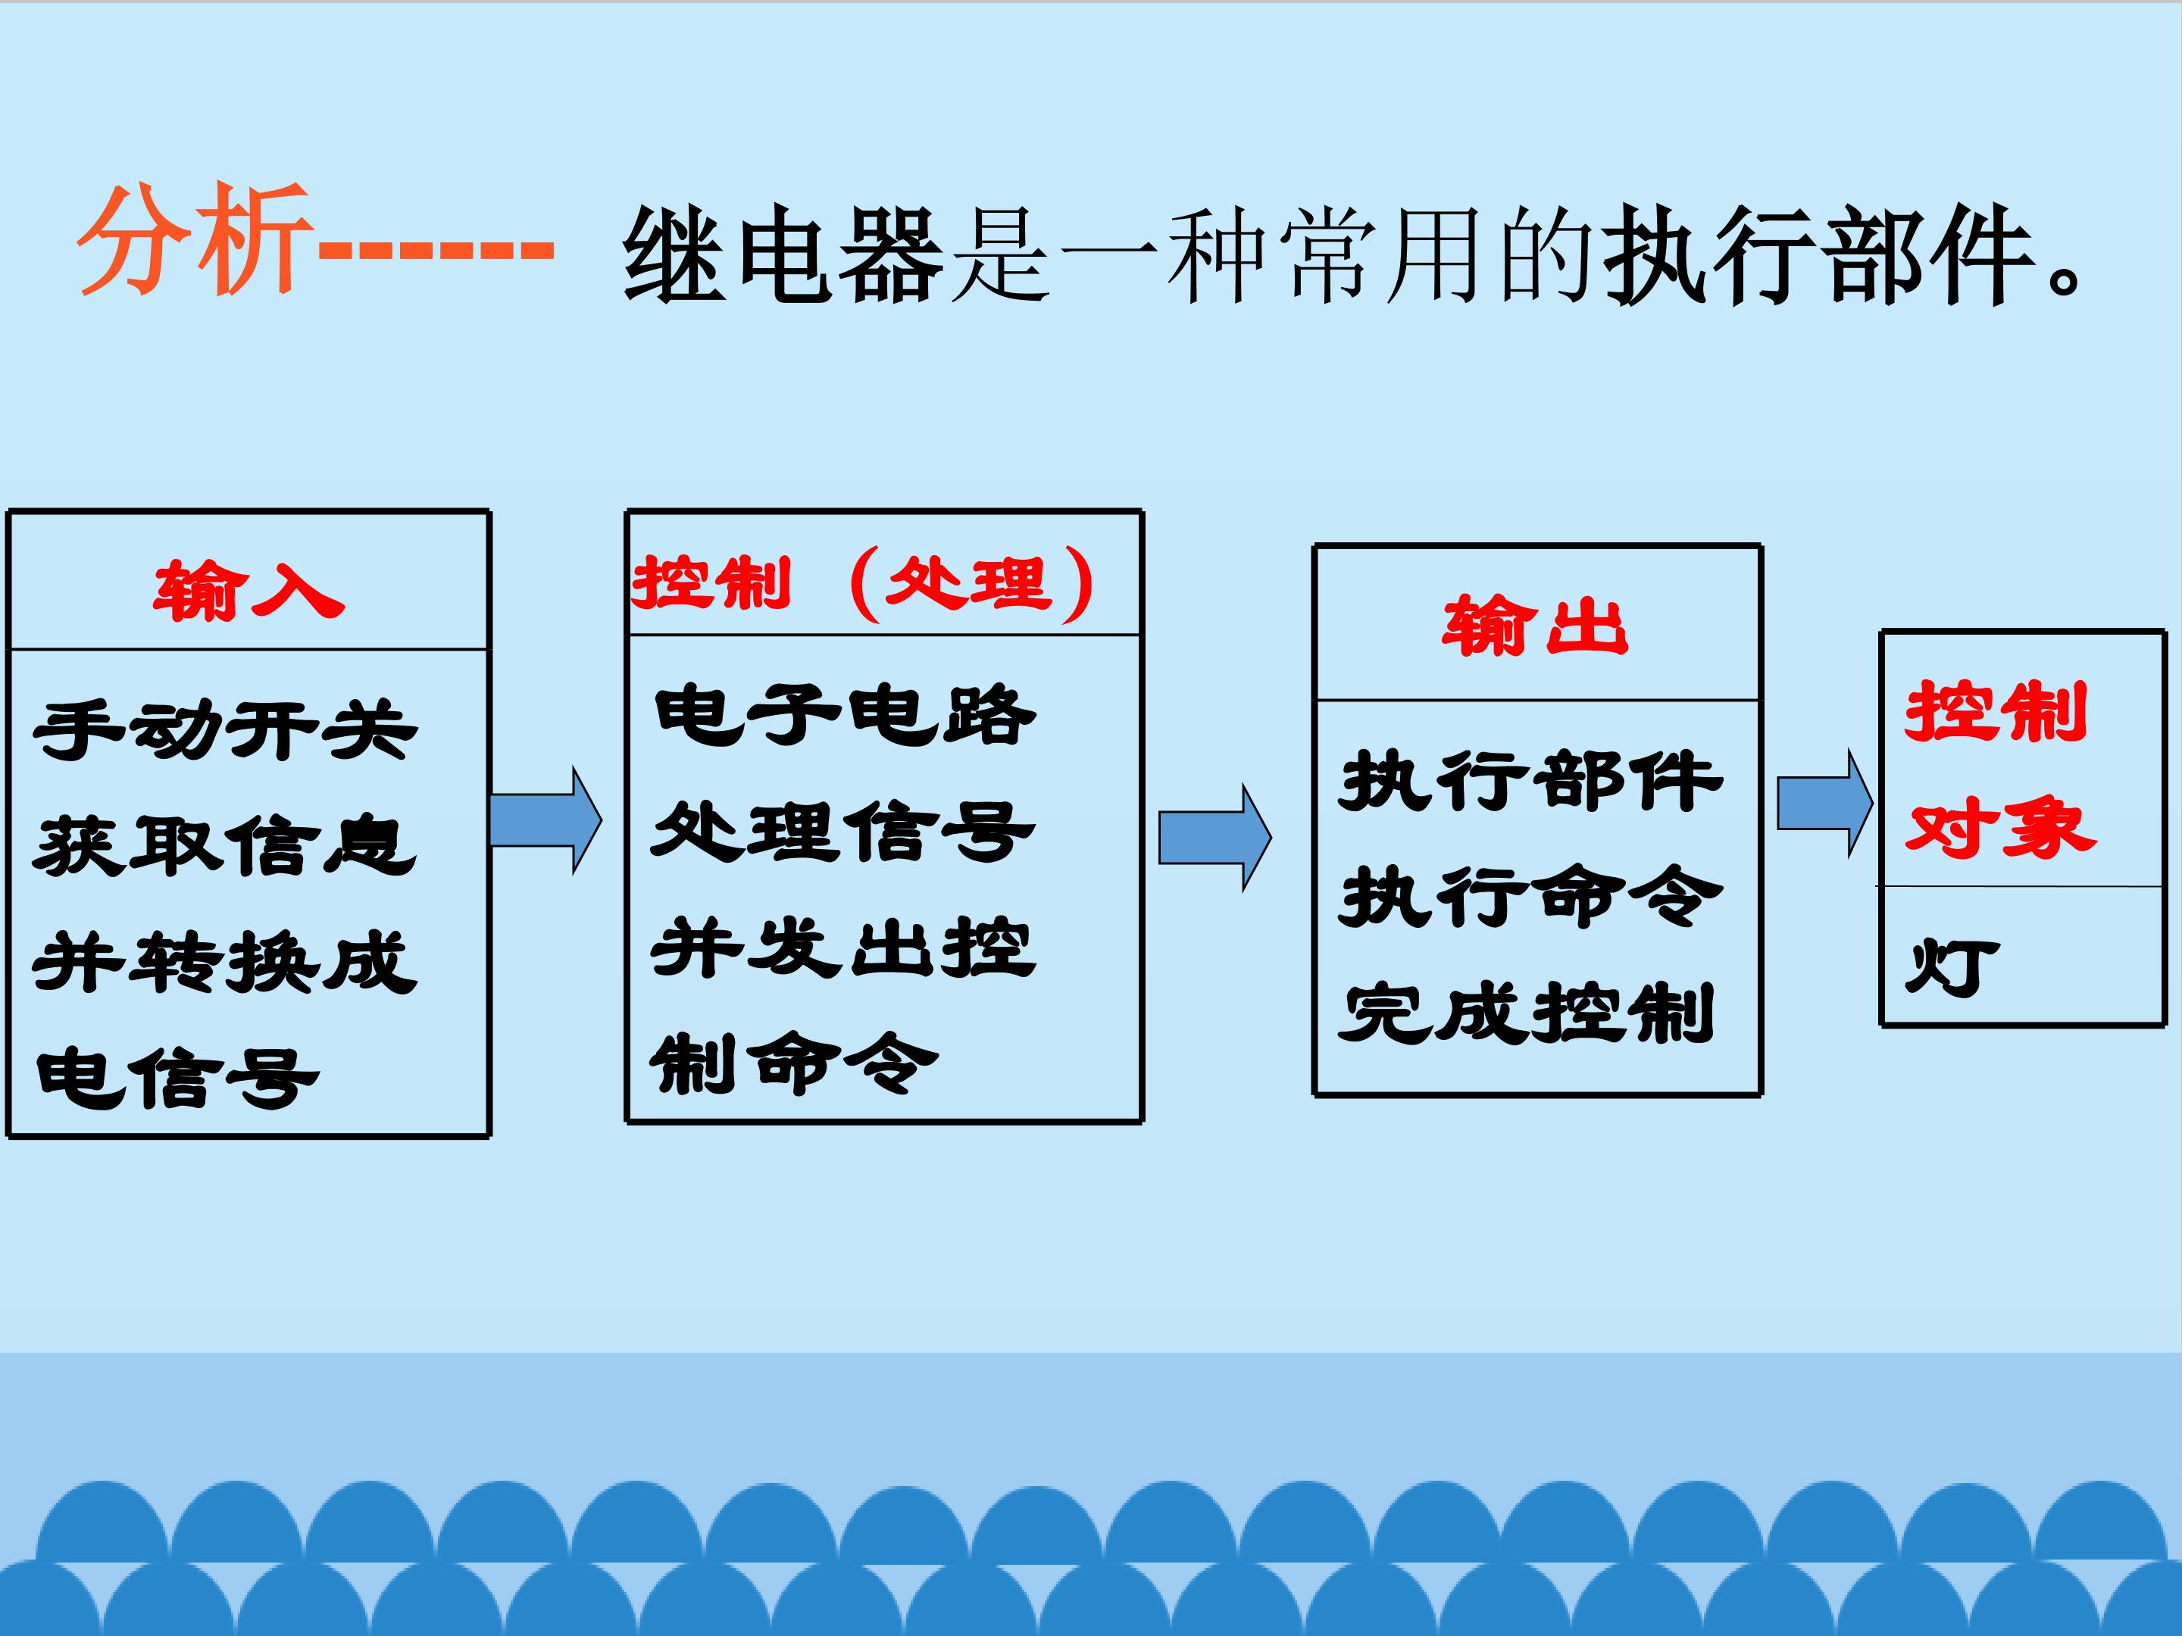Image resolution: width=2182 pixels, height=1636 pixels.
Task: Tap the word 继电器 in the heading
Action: [x=784, y=254]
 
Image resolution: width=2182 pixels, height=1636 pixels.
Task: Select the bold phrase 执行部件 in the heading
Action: [x=1820, y=254]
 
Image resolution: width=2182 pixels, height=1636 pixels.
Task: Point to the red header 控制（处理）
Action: [x=863, y=584]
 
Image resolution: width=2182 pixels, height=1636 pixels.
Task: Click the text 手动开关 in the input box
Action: [x=225, y=729]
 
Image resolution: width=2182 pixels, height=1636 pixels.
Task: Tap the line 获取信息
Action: [x=225, y=846]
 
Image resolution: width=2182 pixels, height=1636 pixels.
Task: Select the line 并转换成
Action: [x=225, y=961]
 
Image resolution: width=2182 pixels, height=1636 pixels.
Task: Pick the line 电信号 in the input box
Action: [x=177, y=1077]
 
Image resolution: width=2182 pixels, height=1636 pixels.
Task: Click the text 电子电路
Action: [x=845, y=714]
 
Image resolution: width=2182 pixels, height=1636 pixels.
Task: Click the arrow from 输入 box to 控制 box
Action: [x=545, y=820]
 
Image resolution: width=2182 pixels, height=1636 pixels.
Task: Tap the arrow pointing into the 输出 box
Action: [x=1215, y=837]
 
